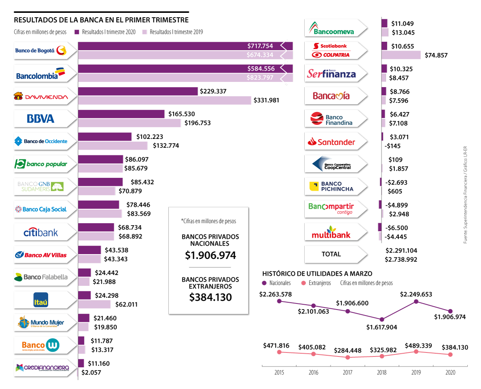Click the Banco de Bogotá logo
(40, 51)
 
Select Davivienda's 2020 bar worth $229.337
(138, 92)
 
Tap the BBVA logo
(40, 118)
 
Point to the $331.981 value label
(266, 100)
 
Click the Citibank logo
(40, 232)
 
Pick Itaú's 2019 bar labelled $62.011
(94, 304)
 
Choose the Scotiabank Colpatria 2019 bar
(401, 55)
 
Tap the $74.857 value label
(436, 55)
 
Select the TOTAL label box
(331, 254)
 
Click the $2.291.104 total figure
(401, 250)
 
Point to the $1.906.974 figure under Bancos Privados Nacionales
(210, 255)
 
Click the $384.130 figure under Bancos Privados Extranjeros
(210, 297)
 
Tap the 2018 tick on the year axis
(382, 372)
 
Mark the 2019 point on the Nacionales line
(416, 301)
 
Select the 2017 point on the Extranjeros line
(348, 357)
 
